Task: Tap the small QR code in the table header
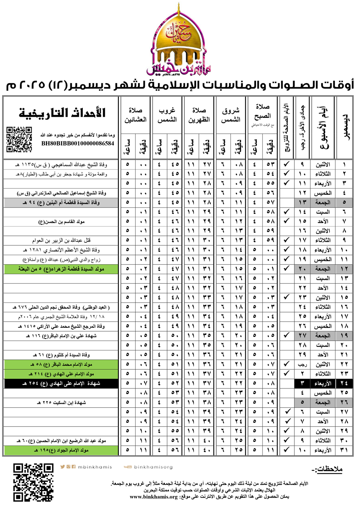click(20, 139)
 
